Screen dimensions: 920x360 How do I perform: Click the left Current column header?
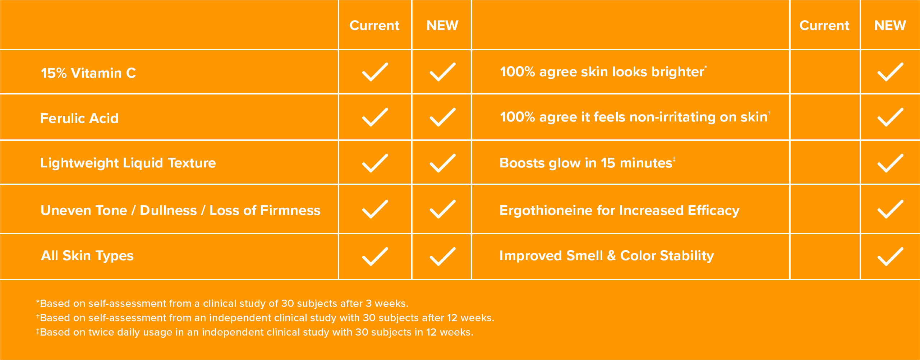(x=374, y=26)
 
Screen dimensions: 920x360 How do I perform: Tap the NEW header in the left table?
(x=442, y=26)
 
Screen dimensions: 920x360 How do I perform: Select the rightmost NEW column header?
(x=890, y=26)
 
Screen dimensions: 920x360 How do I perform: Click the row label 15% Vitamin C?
(x=88, y=73)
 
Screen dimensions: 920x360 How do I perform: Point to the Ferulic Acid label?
(x=79, y=118)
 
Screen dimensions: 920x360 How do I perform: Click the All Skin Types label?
(x=87, y=256)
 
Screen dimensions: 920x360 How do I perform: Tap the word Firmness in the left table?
(x=290, y=210)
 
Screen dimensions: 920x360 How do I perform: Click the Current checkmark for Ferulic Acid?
(x=375, y=117)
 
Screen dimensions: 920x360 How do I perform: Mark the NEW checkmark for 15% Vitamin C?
(x=442, y=72)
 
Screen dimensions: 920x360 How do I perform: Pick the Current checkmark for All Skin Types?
(x=375, y=257)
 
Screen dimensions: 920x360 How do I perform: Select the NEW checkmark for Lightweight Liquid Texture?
(x=442, y=163)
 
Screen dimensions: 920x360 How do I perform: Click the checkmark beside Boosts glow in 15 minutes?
(x=890, y=163)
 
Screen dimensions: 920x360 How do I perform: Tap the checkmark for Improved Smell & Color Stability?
(x=890, y=257)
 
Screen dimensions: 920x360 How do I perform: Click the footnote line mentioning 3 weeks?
(x=222, y=304)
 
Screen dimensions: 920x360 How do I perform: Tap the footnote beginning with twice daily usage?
(x=254, y=332)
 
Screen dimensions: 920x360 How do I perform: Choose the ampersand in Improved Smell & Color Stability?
(x=611, y=256)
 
